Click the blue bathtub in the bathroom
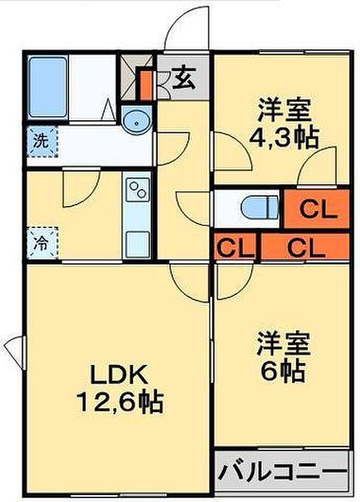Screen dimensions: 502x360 click(x=48, y=87)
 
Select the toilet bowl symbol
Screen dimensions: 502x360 click(x=260, y=208)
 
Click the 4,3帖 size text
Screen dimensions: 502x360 click(x=284, y=138)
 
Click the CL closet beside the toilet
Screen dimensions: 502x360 click(x=316, y=210)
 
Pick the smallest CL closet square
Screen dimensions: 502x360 click(x=234, y=247)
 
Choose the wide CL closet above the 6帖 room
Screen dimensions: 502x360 click(x=305, y=247)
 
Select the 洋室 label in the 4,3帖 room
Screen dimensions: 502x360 click(x=284, y=111)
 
